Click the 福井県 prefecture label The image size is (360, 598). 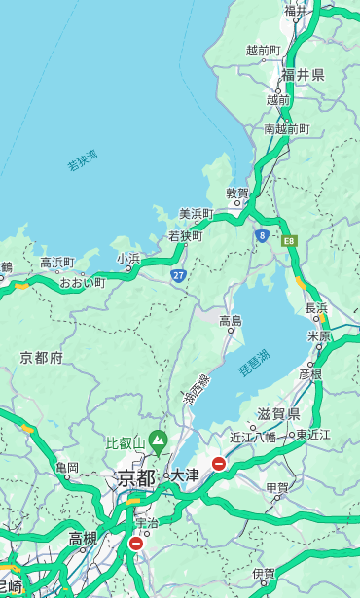pyautogui.click(x=303, y=75)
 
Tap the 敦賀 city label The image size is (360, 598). pyautogui.click(x=237, y=193)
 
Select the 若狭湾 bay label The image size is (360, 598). pyautogui.click(x=83, y=160)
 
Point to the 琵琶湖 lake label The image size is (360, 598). pyautogui.click(x=254, y=364)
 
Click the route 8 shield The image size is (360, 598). pyautogui.click(x=262, y=235)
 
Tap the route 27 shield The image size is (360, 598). pyautogui.click(x=179, y=276)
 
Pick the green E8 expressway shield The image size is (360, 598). pyautogui.click(x=288, y=238)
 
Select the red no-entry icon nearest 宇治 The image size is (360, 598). pyautogui.click(x=135, y=544)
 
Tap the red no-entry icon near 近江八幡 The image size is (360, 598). pyautogui.click(x=219, y=464)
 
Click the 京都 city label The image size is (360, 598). pyautogui.click(x=135, y=477)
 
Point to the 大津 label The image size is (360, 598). pyautogui.click(x=184, y=476)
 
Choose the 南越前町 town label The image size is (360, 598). pyautogui.click(x=286, y=128)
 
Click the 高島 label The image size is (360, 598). pyautogui.click(x=231, y=320)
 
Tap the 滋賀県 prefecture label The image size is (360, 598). pyautogui.click(x=278, y=413)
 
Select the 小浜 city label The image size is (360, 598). pyautogui.click(x=128, y=258)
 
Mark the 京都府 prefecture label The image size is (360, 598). pyautogui.click(x=42, y=357)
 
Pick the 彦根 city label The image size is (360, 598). pyautogui.click(x=310, y=373)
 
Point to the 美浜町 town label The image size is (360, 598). pyautogui.click(x=196, y=213)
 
